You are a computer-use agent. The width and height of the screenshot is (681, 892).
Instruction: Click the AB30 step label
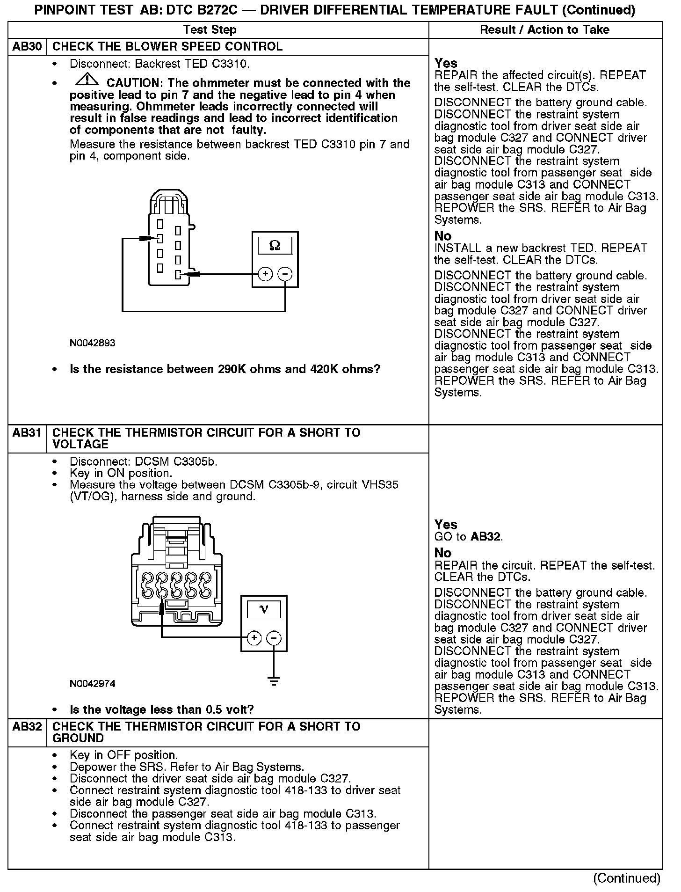(x=27, y=47)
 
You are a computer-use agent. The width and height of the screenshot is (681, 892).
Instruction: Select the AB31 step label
(x=27, y=433)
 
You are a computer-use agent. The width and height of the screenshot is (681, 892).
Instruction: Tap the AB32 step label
(x=27, y=727)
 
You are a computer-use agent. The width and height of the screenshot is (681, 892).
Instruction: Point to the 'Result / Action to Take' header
(x=545, y=30)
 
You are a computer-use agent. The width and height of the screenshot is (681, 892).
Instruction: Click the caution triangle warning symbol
(x=84, y=80)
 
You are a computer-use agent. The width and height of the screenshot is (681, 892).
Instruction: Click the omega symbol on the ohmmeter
(x=275, y=245)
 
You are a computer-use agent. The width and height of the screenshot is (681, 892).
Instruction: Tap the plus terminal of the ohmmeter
(x=265, y=274)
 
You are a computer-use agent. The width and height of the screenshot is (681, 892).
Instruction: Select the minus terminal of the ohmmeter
(x=285, y=274)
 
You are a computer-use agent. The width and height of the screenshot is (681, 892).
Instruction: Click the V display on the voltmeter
(x=264, y=609)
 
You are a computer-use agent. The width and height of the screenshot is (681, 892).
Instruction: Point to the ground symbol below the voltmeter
(x=274, y=681)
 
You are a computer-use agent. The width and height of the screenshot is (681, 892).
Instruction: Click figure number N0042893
(x=92, y=343)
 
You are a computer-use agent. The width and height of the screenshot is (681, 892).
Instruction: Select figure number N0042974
(x=92, y=684)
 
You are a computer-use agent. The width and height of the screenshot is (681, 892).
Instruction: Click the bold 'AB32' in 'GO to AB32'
(x=486, y=537)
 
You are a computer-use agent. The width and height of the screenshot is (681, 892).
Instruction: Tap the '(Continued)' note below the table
(x=627, y=878)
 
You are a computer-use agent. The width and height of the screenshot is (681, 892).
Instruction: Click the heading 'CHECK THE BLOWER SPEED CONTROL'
(x=167, y=47)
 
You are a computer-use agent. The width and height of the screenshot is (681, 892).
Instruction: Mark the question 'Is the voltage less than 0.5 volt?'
(x=161, y=709)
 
